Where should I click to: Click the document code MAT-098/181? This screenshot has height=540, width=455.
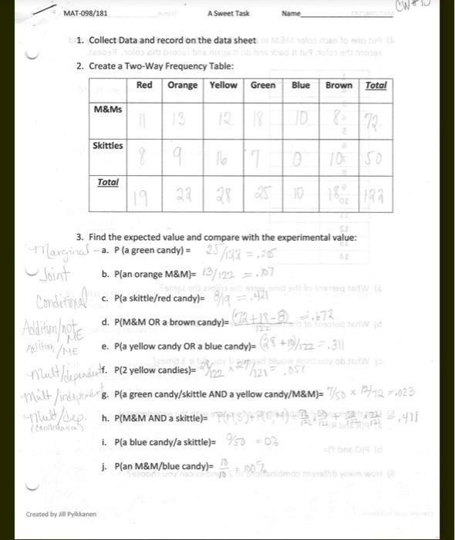pyautogui.click(x=86, y=14)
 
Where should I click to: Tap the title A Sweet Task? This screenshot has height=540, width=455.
pyautogui.click(x=228, y=14)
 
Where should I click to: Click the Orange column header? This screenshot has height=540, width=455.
pyautogui.click(x=183, y=85)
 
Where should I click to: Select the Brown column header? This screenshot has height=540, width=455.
pyautogui.click(x=339, y=85)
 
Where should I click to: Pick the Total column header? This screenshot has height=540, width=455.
pyautogui.click(x=376, y=85)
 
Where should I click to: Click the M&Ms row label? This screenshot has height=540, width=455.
pyautogui.click(x=108, y=110)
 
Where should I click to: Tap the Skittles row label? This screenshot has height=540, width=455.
pyautogui.click(x=108, y=145)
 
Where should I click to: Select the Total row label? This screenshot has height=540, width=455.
pyautogui.click(x=108, y=182)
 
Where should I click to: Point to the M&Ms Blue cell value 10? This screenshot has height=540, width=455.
pyautogui.click(x=302, y=120)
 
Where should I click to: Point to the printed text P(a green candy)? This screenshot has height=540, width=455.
pyautogui.click(x=150, y=251)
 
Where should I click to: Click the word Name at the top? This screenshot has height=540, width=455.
pyautogui.click(x=292, y=14)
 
